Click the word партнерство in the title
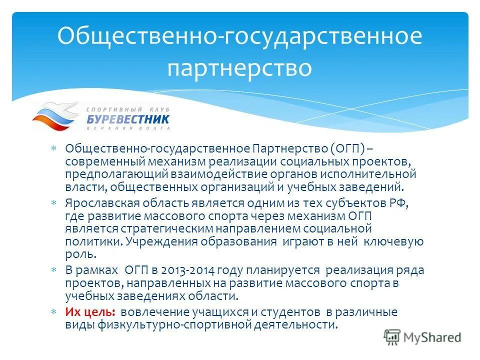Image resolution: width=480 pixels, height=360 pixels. (x=239, y=68)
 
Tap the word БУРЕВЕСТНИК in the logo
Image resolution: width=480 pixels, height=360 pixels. (x=128, y=119)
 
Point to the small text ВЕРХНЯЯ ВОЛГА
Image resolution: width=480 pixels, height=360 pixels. (x=128, y=128)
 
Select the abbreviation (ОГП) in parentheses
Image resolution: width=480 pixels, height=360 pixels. (x=347, y=149)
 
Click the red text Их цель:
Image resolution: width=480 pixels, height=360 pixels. (x=90, y=312)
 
